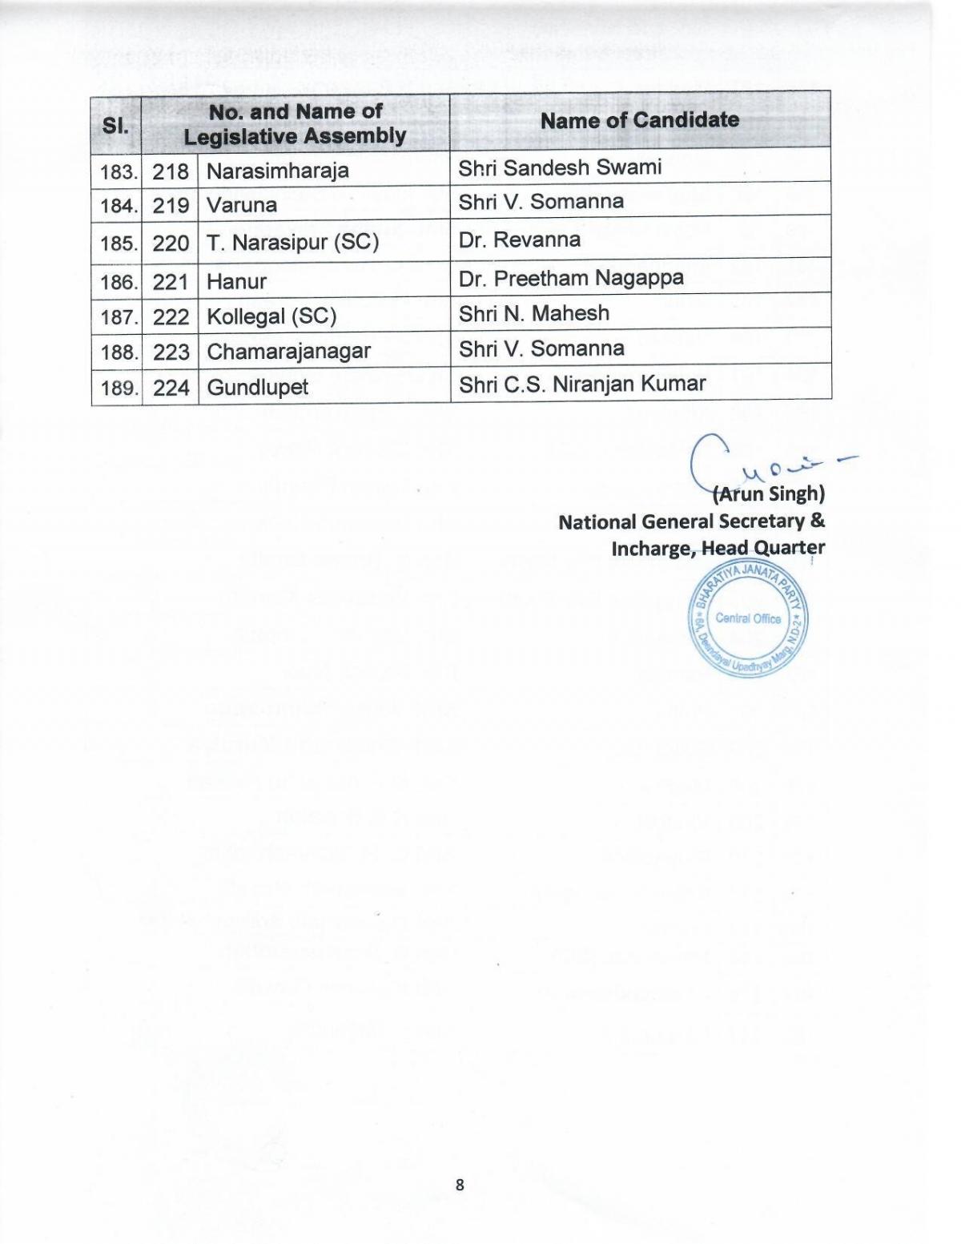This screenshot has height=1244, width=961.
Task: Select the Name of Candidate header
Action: point(639,120)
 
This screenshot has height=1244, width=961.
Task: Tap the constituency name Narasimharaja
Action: point(277,171)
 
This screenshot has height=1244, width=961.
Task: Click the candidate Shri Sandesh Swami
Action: point(560,167)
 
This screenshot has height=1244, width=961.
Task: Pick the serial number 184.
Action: point(118,206)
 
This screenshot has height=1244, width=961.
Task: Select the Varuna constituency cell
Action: point(242,205)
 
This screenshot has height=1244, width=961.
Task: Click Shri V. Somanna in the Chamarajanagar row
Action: point(541,348)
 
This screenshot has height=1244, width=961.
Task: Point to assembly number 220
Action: point(171,243)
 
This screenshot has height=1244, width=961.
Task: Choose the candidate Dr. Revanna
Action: point(519,240)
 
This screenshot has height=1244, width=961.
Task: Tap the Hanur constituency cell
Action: point(236,281)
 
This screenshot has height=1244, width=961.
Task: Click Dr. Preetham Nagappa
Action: point(571,278)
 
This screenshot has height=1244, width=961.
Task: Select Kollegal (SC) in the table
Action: point(271,316)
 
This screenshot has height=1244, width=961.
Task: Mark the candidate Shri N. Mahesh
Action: point(533,313)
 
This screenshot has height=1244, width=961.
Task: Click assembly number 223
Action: point(171,352)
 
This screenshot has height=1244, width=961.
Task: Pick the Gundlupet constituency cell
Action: point(257,388)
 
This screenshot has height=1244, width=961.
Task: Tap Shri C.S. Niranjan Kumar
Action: point(582,384)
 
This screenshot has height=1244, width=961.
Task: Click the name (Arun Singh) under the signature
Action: point(768,493)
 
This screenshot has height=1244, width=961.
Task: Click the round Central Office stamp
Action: point(748,618)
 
